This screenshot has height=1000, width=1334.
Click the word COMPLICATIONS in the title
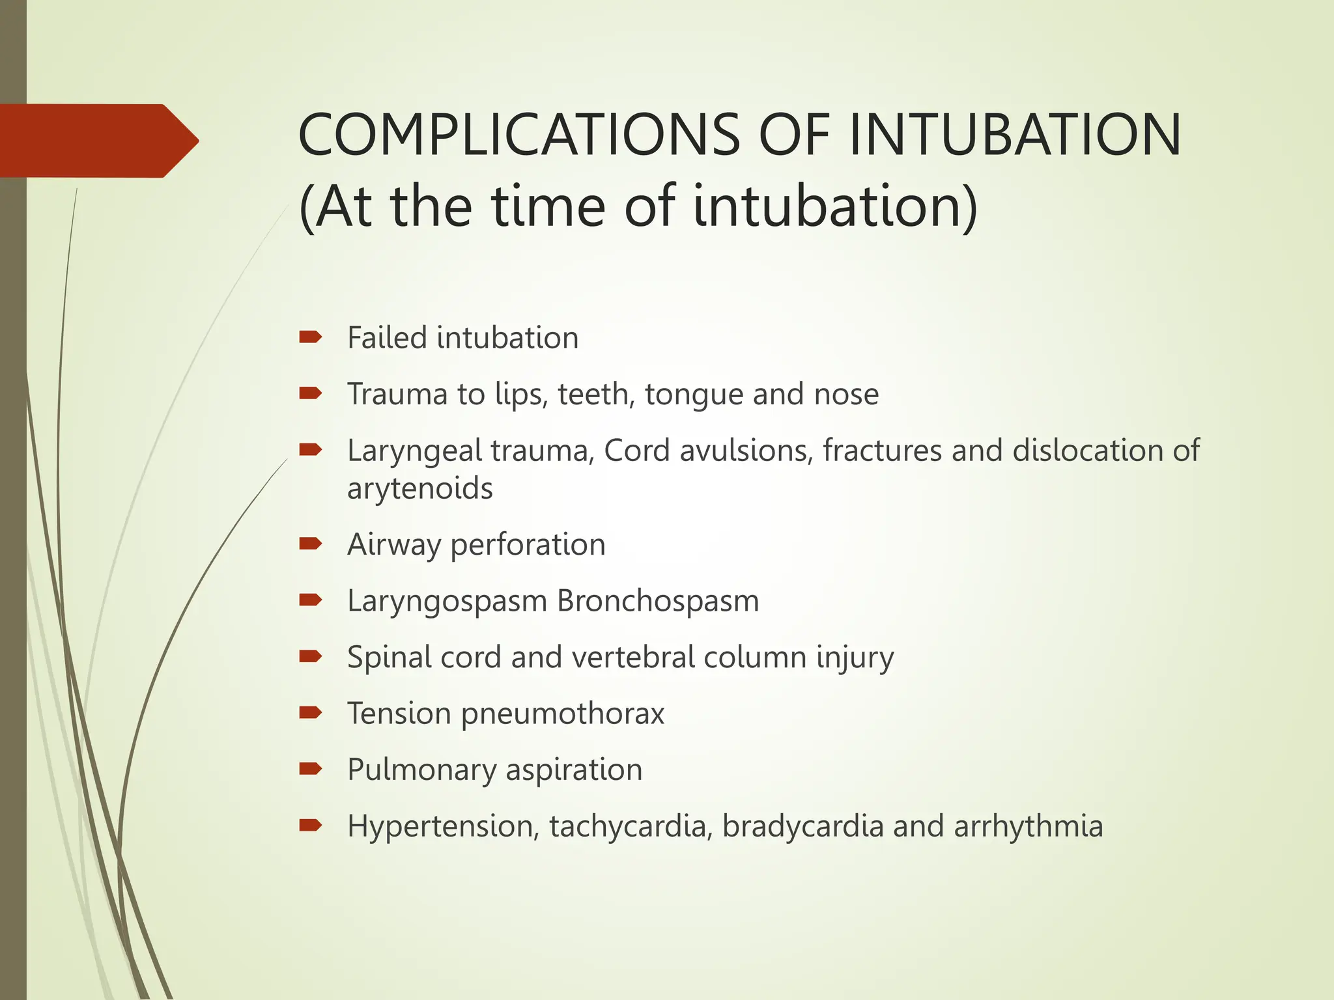518,135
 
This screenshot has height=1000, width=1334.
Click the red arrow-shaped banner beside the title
98,141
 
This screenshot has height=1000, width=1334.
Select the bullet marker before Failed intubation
310,337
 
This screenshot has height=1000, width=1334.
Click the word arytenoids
420,489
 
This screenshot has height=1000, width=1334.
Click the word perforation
528,545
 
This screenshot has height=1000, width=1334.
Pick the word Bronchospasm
658,601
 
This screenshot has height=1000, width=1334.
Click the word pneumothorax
563,714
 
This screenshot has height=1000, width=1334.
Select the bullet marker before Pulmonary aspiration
310,770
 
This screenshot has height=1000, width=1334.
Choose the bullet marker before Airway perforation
310,544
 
